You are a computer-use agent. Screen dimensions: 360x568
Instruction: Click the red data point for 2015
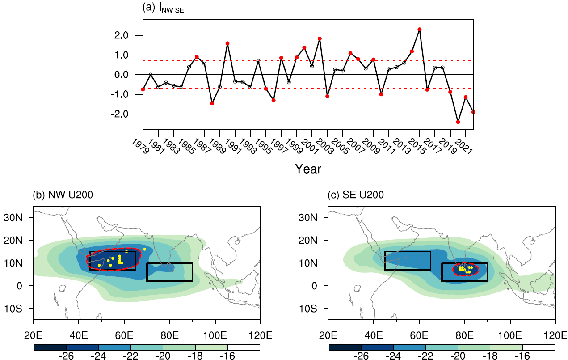419,30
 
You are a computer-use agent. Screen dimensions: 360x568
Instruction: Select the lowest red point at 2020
458,122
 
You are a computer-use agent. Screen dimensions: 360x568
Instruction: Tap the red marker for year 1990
227,43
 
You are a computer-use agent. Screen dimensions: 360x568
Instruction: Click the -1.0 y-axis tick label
130,94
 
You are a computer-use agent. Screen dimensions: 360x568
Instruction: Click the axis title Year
308,169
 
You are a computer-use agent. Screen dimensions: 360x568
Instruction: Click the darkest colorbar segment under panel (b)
50,347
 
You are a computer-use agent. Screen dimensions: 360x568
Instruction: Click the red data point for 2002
320,38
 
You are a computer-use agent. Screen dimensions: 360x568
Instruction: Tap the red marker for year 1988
212,103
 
